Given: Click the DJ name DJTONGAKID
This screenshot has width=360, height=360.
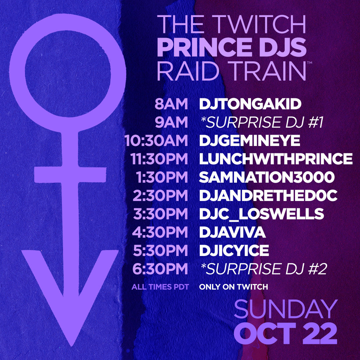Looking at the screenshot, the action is point(250,104).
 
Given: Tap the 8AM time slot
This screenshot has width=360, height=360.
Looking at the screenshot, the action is point(171,104).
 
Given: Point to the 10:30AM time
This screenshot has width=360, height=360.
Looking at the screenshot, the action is point(156,140).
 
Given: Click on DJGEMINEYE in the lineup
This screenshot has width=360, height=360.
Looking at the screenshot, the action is point(250,140).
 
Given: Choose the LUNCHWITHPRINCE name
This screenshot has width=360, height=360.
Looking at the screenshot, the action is point(276,159).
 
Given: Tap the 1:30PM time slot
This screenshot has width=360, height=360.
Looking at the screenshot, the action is point(162,177).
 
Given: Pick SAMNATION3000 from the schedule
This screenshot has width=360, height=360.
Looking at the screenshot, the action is point(267,177).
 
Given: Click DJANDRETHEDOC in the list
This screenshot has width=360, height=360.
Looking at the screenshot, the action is point(268,195).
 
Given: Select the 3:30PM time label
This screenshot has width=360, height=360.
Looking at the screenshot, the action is point(160,214).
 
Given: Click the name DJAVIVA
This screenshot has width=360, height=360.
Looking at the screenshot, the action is point(232,232).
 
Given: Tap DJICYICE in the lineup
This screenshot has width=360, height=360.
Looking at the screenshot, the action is point(234,250).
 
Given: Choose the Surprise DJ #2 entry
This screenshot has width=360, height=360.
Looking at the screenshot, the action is point(264,269).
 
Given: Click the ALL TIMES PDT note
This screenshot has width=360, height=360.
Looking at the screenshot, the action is point(160,287).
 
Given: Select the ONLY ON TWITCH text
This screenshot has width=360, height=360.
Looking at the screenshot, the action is point(233,287).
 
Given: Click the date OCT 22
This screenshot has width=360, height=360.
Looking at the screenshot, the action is point(285,333).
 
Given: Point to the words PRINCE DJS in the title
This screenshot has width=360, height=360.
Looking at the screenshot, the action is point(231,47).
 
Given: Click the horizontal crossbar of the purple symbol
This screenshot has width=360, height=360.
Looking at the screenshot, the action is point(70,175).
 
